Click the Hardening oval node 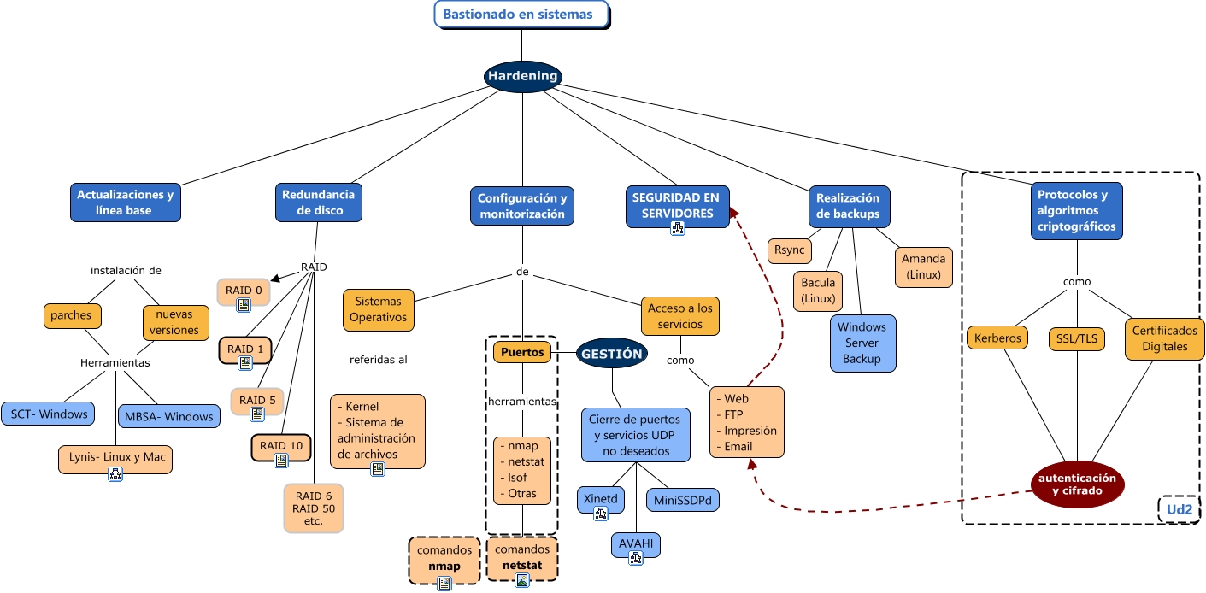click(522, 76)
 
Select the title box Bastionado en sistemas click(524, 15)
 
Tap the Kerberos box click(997, 338)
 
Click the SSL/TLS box click(1077, 339)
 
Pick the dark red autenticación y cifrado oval click(1077, 484)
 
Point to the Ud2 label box click(1180, 510)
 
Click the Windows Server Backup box click(862, 343)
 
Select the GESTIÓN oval click(612, 352)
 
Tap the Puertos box click(522, 351)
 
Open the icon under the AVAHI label click(636, 558)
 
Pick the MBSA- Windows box click(168, 416)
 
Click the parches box click(71, 314)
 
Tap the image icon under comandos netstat click(522, 580)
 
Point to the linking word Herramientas click(115, 362)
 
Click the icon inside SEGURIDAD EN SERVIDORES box click(677, 228)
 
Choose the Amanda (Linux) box click(923, 267)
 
